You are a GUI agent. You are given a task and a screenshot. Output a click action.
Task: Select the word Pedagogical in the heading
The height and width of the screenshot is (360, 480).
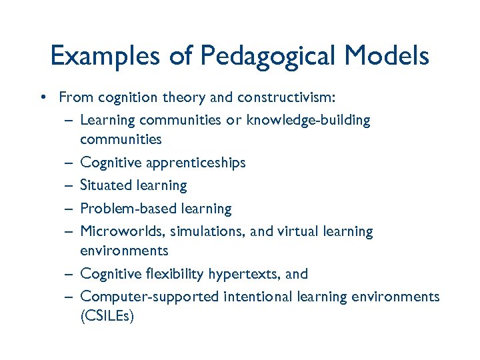click(x=258, y=57)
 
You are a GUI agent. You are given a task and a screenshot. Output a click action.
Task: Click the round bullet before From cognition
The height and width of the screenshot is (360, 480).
click(x=42, y=98)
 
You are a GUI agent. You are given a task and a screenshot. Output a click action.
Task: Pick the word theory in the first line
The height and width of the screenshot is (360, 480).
click(x=185, y=98)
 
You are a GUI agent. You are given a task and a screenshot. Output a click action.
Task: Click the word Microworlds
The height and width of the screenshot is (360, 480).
click(x=123, y=231)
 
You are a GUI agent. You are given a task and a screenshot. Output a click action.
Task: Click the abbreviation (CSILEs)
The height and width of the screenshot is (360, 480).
click(x=107, y=316)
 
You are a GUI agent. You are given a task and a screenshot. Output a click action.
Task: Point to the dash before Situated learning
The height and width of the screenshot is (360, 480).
click(x=69, y=186)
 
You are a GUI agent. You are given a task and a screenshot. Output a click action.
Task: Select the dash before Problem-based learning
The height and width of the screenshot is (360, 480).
click(x=69, y=209)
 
